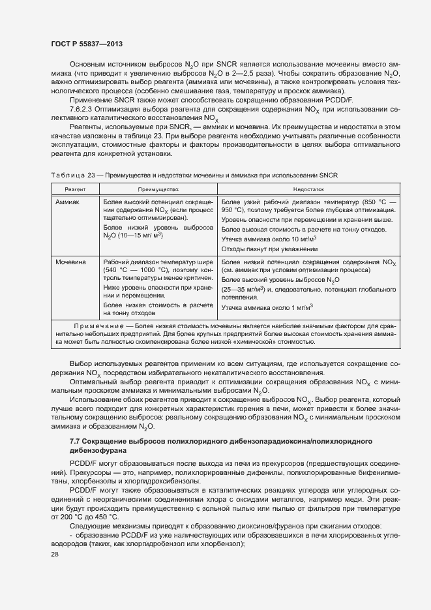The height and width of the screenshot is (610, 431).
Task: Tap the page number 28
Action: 54,555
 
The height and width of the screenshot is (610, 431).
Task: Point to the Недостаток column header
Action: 308,187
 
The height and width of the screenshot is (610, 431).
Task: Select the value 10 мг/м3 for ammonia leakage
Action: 304,239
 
